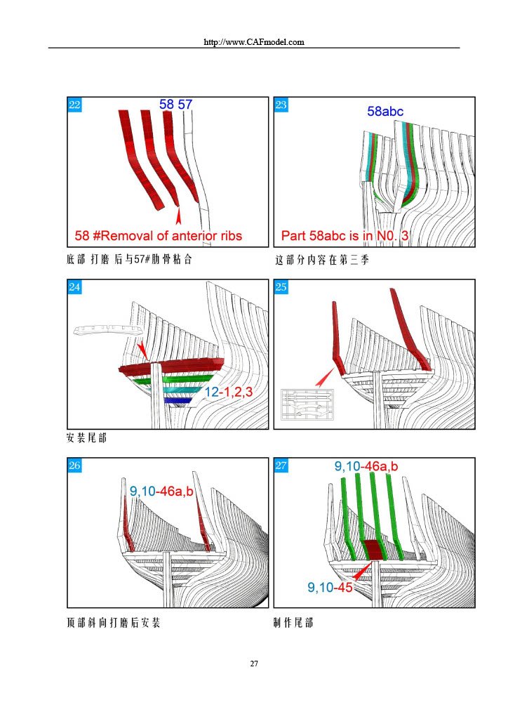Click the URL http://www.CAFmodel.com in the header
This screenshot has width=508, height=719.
[x=253, y=42]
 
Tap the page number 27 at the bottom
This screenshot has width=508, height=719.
[x=254, y=663]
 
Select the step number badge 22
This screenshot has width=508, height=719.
[x=74, y=105]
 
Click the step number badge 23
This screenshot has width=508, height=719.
[x=281, y=105]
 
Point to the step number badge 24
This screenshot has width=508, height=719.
[x=74, y=287]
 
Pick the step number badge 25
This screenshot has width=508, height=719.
[x=281, y=287]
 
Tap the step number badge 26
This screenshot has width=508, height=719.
[x=74, y=466]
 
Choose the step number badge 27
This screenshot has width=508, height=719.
[x=281, y=466]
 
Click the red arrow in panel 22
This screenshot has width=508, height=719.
[x=178, y=213]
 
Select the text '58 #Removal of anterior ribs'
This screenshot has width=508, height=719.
[x=158, y=235]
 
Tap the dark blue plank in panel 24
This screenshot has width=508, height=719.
[x=178, y=401]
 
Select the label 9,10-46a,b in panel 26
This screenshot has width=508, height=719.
[x=161, y=492]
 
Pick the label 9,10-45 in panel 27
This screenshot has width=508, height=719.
[x=330, y=588]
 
